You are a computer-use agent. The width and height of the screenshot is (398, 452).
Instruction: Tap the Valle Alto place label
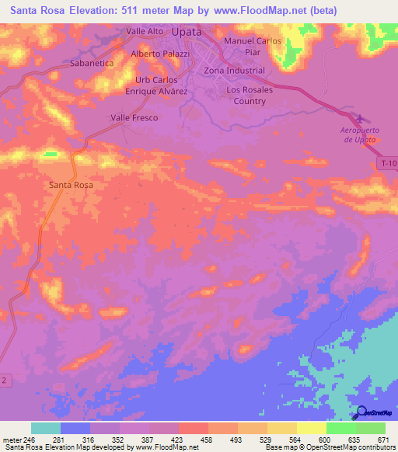coord(145,31)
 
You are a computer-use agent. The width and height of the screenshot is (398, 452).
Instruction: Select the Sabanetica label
coord(92,63)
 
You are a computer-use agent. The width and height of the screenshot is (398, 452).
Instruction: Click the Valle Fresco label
coord(134,118)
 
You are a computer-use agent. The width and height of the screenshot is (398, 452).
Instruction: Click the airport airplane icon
coord(358,120)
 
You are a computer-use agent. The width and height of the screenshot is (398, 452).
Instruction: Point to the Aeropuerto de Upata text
coord(359,135)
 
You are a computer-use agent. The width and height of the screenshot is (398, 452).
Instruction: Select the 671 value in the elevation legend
coord(383,440)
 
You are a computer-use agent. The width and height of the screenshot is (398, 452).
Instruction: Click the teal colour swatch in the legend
coord(46,428)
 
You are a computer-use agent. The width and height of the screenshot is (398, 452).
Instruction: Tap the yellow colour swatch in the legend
coord(312,428)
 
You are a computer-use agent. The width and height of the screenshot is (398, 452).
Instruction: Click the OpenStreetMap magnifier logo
coord(360,413)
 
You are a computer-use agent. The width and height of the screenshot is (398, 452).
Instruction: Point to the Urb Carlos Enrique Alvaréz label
coord(157,85)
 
